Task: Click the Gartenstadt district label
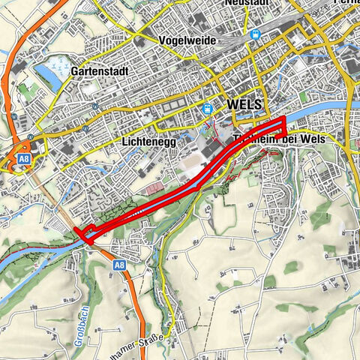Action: click(101, 70)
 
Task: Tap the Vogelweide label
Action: click(187, 40)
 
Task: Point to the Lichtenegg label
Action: click(147, 141)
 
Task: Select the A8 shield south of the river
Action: click(120, 265)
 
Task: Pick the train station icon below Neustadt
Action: click(256, 34)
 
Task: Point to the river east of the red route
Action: click(315, 112)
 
